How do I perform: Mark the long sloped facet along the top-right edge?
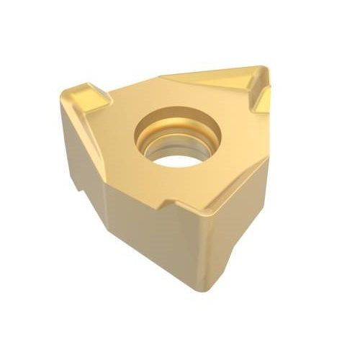(209, 78)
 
